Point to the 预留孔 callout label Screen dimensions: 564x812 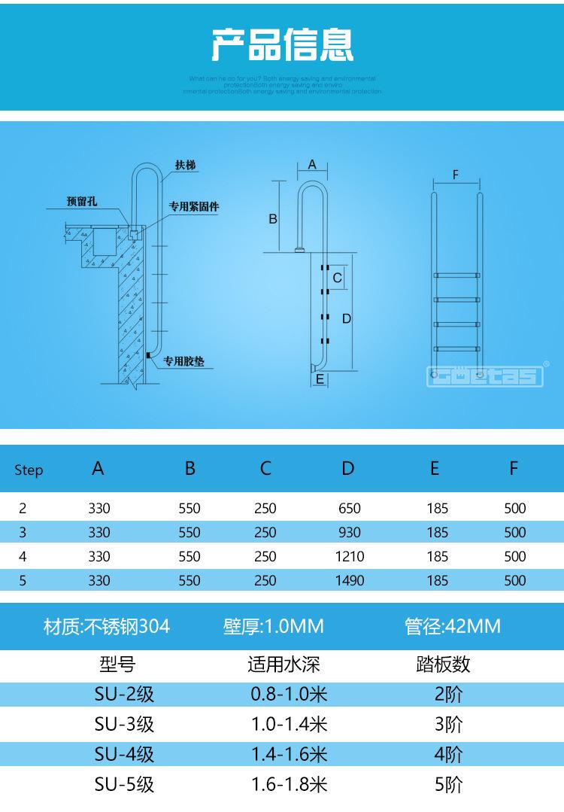[81, 202]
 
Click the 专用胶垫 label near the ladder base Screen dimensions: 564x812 [183, 361]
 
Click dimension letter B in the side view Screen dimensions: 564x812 [273, 218]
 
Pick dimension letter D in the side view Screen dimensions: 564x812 [347, 318]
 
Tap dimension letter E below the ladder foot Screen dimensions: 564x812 [320, 380]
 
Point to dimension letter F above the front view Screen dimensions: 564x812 [456, 175]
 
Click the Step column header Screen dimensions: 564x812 [29, 470]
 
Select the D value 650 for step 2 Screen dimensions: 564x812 [349, 509]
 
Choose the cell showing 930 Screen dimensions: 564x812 [349, 533]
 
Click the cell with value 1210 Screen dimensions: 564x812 [349, 557]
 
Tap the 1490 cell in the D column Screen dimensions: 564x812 [349, 581]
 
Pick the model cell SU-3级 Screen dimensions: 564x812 [125, 724]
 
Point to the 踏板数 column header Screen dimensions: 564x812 [443, 664]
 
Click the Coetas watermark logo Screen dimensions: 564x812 [485, 375]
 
